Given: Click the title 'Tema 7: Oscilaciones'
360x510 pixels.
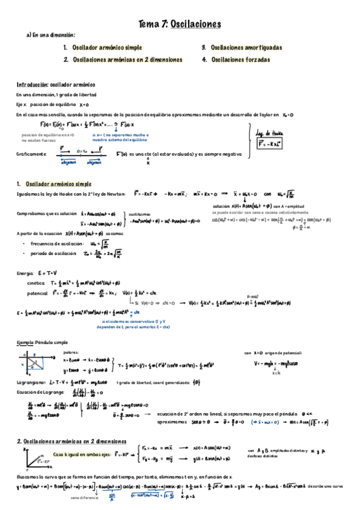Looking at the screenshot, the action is tap(180, 24).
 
